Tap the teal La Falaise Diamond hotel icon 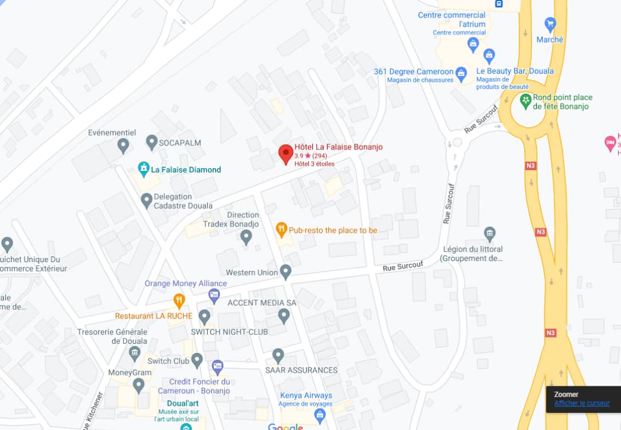click(x=143, y=169)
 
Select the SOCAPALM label click(x=181, y=142)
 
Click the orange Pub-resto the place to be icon click(x=281, y=230)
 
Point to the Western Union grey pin click(x=286, y=271)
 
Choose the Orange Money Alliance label click(x=186, y=283)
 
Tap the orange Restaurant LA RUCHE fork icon click(x=179, y=300)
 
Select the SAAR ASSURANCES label click(x=301, y=370)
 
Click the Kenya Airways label click(x=306, y=396)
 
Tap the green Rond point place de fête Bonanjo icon click(x=525, y=101)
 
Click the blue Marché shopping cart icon click(x=550, y=24)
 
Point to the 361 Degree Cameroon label click(x=413, y=72)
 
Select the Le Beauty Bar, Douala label click(x=515, y=71)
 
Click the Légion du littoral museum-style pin click(x=489, y=233)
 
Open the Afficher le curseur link click(x=581, y=403)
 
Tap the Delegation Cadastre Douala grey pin click(x=147, y=200)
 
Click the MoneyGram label click(x=130, y=373)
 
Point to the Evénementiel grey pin click(x=123, y=145)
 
